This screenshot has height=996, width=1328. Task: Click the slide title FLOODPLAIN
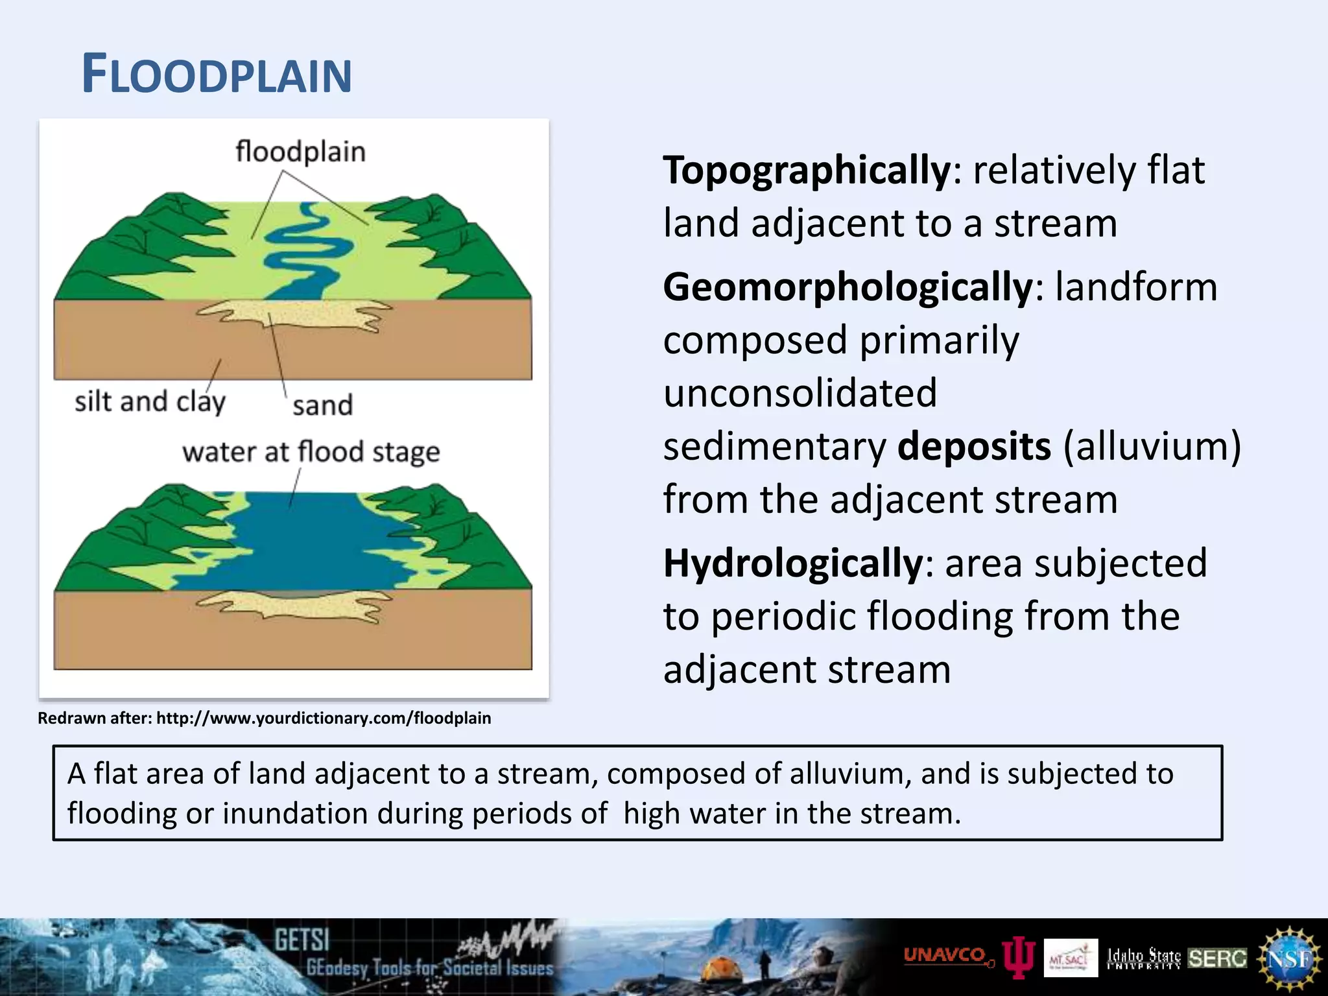coord(217,75)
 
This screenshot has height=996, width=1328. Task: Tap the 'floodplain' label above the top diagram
coord(300,152)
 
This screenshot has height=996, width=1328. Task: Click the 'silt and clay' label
coord(150,401)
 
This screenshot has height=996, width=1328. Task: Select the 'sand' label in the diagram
coord(322,406)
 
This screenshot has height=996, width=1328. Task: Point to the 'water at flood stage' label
coord(311,452)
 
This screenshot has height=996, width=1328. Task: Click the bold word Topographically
coord(806,171)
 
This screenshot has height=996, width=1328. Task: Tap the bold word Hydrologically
coord(792,563)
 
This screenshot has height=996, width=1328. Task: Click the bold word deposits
coord(973,447)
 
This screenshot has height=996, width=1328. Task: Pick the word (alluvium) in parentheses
coord(1152,447)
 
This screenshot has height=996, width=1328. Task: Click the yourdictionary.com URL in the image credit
coord(324,718)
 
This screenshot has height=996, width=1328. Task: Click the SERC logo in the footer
coord(1217,958)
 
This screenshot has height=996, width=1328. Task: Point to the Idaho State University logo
coord(1143,958)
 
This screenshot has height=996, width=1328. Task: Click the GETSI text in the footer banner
coord(302,940)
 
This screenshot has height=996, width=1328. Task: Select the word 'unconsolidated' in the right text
coord(800,393)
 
